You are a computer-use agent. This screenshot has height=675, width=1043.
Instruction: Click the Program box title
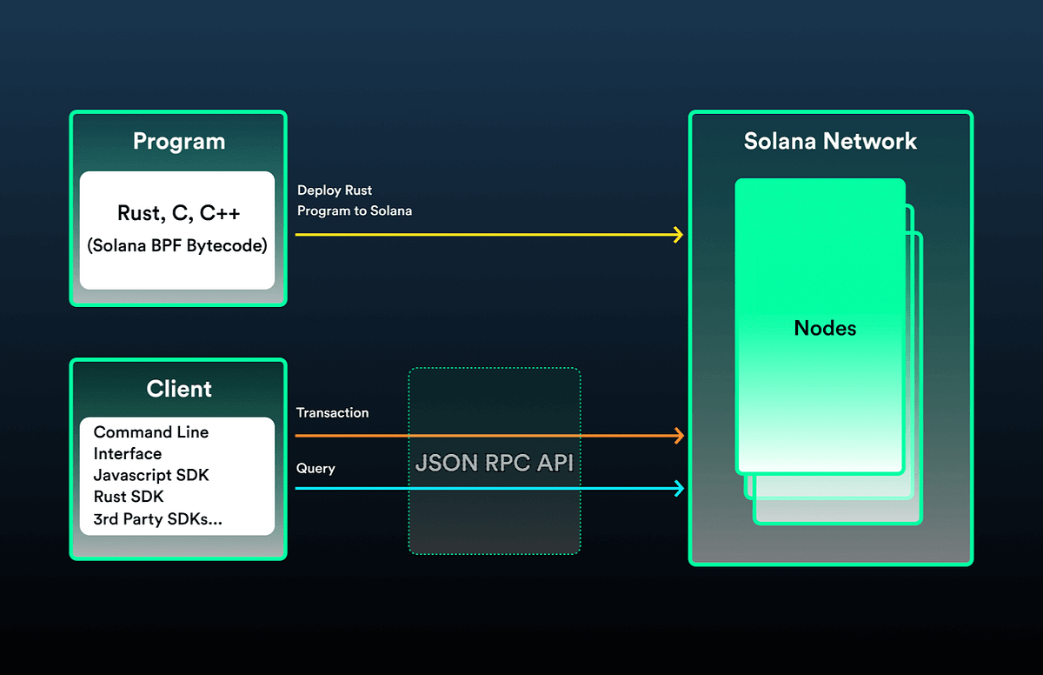[178, 142]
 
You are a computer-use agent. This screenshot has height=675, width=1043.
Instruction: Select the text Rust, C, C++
[178, 213]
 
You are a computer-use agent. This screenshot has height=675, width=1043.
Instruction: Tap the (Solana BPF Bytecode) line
[177, 245]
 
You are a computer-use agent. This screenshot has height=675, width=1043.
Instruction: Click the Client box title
[179, 389]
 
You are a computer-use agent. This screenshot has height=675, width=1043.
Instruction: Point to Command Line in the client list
[151, 432]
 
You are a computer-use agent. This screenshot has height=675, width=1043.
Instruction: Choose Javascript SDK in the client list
[151, 475]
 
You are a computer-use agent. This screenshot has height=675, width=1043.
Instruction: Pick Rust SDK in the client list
[129, 497]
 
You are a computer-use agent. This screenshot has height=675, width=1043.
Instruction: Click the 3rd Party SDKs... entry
[157, 518]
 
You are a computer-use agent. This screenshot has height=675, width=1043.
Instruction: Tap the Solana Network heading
[830, 142]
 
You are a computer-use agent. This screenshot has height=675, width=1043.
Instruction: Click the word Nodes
[825, 328]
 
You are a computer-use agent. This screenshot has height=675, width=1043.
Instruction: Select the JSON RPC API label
[494, 463]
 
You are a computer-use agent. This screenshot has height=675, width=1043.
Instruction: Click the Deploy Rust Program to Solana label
[354, 200]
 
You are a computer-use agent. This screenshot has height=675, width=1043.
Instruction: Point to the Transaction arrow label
[332, 412]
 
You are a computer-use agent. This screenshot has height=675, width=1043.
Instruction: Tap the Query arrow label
[316, 468]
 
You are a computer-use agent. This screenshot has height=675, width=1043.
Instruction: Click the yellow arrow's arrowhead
[679, 235]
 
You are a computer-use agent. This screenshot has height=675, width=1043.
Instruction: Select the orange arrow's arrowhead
[679, 435]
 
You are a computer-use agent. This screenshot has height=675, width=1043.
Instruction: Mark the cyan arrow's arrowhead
[679, 489]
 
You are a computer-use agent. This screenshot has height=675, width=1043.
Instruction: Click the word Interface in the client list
[128, 453]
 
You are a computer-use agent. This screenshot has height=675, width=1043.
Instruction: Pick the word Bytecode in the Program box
[229, 245]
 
